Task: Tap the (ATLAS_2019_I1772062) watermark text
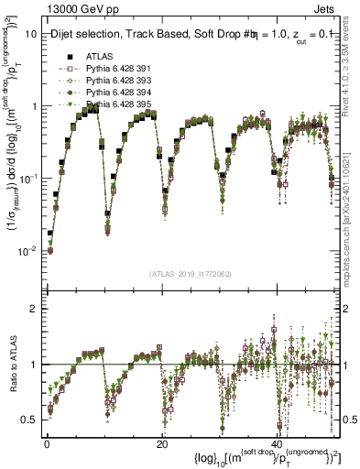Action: [x=191, y=274]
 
